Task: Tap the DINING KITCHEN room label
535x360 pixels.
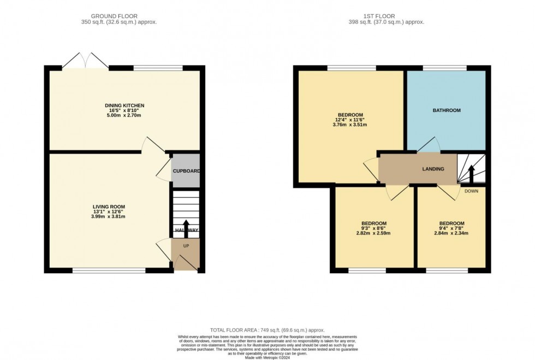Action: (x=124, y=105)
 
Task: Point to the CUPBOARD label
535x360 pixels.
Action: (x=186, y=171)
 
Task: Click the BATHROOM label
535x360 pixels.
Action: (x=447, y=110)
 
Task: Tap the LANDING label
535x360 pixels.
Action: (x=432, y=169)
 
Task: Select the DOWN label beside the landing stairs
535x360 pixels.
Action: (x=471, y=191)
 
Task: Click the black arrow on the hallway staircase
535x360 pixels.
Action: (x=186, y=227)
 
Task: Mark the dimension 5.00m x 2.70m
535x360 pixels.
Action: (x=124, y=116)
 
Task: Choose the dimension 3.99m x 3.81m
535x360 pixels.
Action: (x=109, y=217)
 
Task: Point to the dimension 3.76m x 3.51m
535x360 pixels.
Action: (x=350, y=125)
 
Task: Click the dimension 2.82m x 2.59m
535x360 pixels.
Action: (x=373, y=233)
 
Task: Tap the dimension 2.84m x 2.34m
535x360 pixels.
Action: (x=451, y=233)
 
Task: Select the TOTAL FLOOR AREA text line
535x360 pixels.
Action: (x=267, y=330)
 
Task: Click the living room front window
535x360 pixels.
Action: (x=109, y=270)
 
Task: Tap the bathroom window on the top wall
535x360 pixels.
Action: (x=444, y=68)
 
